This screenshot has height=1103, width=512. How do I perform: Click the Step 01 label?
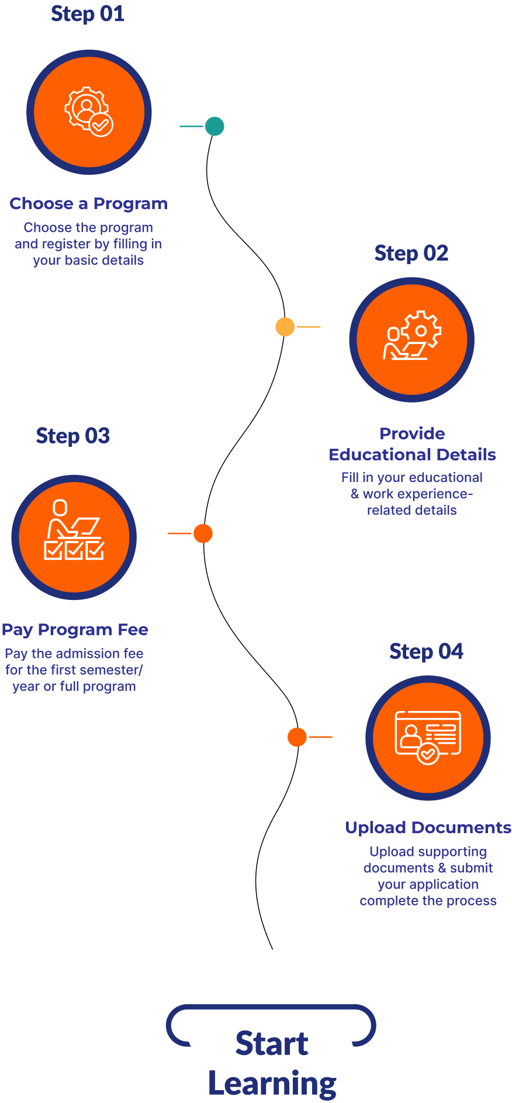pyautogui.click(x=88, y=14)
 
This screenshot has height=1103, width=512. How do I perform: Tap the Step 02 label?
pyautogui.click(x=411, y=254)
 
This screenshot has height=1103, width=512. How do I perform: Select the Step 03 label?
pyautogui.click(x=73, y=436)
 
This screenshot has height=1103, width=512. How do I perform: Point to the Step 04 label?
pyautogui.click(x=426, y=651)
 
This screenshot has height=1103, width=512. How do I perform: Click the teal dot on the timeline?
pyautogui.click(x=215, y=126)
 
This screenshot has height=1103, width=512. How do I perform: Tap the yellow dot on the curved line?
pyautogui.click(x=285, y=327)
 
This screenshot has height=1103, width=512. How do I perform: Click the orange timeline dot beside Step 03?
pyautogui.click(x=203, y=533)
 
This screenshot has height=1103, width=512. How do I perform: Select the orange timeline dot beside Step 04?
pyautogui.click(x=297, y=737)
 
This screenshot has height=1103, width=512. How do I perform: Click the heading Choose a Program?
pyautogui.click(x=88, y=204)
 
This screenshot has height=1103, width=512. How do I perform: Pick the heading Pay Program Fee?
pyautogui.click(x=75, y=630)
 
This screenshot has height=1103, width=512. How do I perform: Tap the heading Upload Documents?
pyautogui.click(x=428, y=828)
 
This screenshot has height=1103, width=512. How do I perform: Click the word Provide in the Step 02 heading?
pyautogui.click(x=412, y=434)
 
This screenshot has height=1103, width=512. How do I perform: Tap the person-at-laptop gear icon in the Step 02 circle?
pyautogui.click(x=412, y=337)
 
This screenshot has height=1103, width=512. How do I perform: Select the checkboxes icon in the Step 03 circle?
pyautogui.click(x=74, y=532)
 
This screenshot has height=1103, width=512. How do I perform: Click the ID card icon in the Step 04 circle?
pyautogui.click(x=428, y=736)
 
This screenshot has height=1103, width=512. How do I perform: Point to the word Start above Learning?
pyautogui.click(x=272, y=1044)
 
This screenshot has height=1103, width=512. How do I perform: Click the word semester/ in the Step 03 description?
pyautogui.click(x=110, y=670)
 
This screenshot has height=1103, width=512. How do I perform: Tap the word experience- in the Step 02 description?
pyautogui.click(x=434, y=494)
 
